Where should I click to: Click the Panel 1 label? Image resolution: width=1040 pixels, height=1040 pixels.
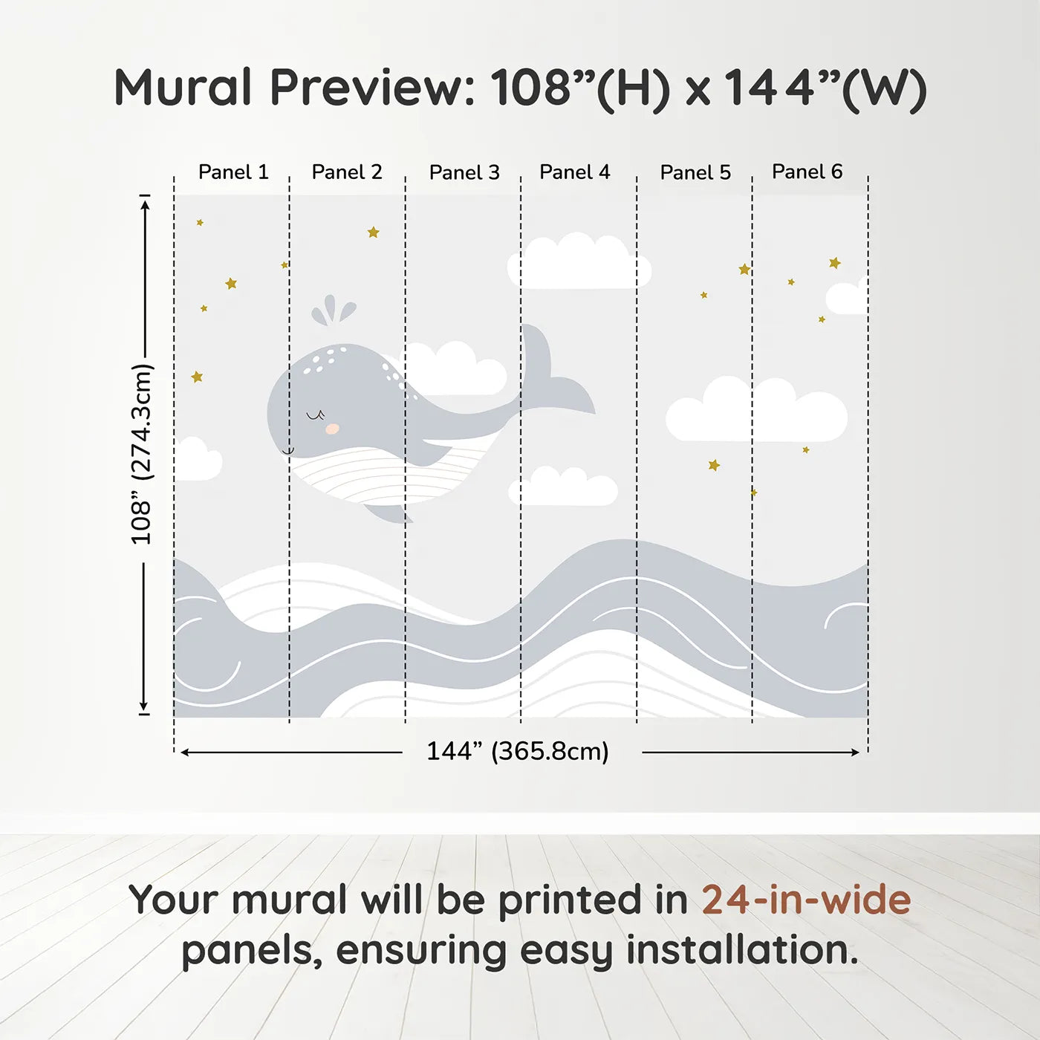[233, 172]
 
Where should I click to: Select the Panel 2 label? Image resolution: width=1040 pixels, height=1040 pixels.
[347, 172]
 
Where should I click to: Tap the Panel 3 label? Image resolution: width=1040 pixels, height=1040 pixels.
[464, 172]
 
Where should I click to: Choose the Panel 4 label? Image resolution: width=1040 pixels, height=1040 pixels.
[575, 172]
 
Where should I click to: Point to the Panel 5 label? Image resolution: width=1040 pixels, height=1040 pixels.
[695, 172]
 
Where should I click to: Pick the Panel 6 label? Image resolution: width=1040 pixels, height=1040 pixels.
[807, 172]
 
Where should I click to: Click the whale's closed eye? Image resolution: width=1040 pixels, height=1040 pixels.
[316, 415]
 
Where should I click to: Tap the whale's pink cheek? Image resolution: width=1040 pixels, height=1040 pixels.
[333, 429]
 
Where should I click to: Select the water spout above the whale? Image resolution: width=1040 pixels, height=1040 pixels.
[333, 310]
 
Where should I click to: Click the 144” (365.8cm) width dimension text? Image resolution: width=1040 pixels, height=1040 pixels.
[518, 751]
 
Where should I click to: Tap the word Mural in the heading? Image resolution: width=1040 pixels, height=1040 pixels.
[183, 87]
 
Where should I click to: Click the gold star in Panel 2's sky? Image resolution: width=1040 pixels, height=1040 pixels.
[374, 232]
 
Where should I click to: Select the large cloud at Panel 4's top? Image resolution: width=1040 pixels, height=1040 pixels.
[579, 261]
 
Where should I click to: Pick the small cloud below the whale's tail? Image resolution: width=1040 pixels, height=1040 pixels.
[563, 486]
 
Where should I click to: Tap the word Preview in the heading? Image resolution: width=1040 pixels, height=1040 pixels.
[373, 87]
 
